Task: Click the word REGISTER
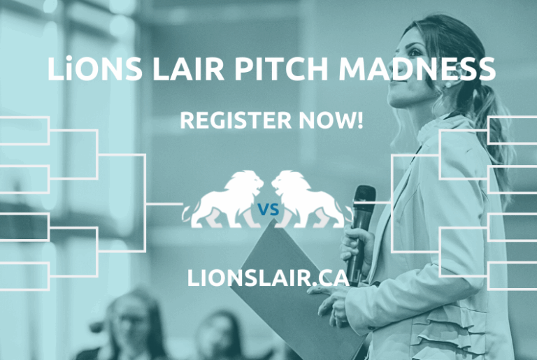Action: (230, 121)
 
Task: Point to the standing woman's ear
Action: (447, 82)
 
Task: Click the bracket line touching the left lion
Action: (168, 204)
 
